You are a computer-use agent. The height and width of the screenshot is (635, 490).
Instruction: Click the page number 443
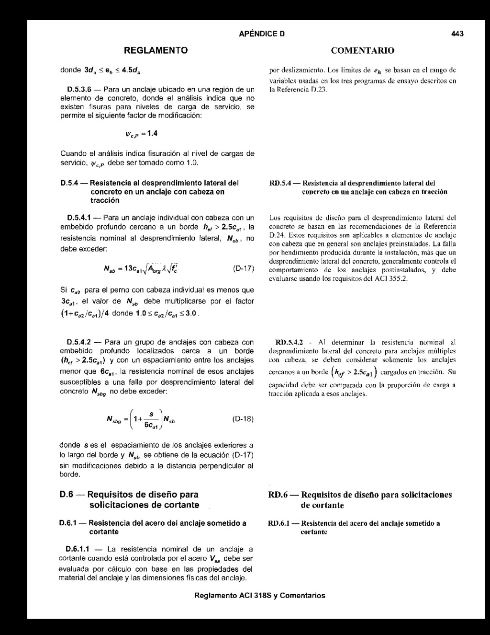click(457, 34)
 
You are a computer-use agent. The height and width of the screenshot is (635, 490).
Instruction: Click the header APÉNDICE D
click(262, 34)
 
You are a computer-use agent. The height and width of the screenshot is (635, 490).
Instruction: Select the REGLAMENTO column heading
click(156, 50)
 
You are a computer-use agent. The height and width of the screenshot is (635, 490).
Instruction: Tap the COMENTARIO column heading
click(363, 50)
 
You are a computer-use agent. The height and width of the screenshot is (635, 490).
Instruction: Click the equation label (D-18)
click(242, 418)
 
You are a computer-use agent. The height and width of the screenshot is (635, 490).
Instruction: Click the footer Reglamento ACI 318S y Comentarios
click(260, 596)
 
